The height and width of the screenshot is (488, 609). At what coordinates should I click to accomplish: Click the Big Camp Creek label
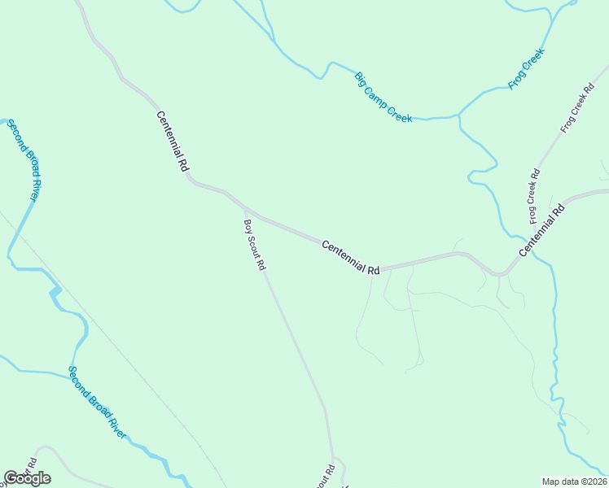383,97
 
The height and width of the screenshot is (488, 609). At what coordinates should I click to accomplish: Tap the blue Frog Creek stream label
525,68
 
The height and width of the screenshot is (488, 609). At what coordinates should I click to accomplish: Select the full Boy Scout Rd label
255,244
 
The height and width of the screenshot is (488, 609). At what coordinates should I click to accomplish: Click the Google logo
26,478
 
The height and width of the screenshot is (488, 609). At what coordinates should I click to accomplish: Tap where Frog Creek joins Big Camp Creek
458,116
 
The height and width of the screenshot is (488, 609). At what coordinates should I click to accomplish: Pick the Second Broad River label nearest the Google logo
98,403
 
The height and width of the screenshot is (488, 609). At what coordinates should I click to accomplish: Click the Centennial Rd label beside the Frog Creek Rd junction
542,231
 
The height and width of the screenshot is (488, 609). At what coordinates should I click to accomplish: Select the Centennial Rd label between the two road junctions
351,257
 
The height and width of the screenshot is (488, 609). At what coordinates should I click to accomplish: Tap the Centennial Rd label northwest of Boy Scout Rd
173,140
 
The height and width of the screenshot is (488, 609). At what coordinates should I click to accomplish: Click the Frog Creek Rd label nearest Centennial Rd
534,196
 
